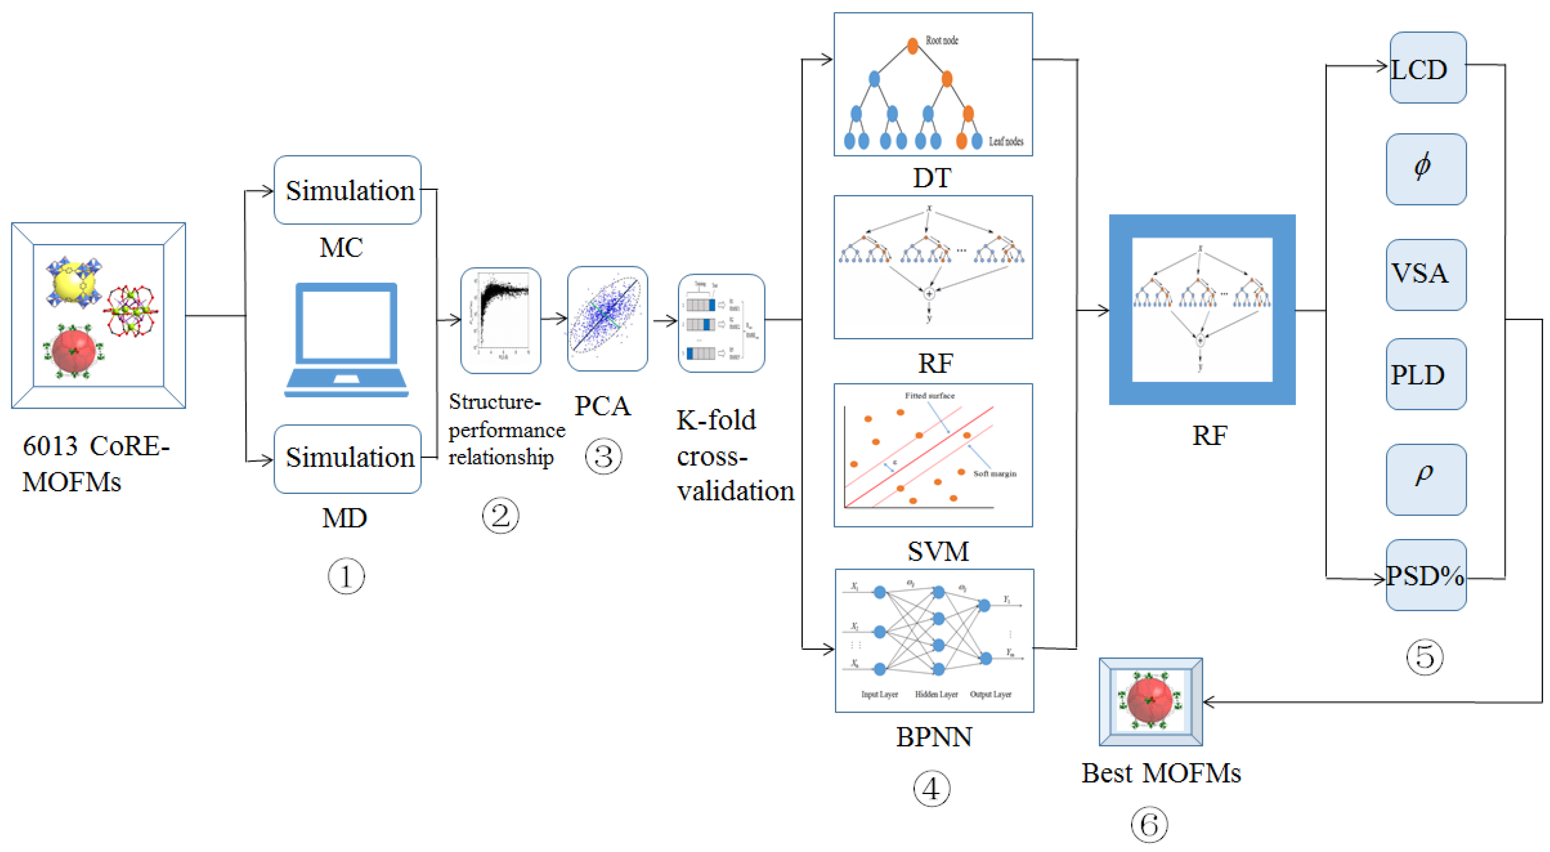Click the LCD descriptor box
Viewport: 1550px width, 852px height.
click(1427, 68)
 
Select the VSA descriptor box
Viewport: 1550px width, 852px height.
click(1426, 274)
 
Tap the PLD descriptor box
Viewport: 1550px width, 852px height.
click(1426, 374)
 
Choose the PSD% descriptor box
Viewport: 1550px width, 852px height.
click(1426, 575)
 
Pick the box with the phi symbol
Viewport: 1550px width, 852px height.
click(1426, 169)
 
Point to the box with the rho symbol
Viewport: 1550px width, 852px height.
click(1426, 479)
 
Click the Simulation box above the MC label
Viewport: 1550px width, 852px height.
click(347, 190)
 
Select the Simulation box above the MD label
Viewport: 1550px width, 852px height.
click(347, 459)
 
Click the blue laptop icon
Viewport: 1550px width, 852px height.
click(347, 339)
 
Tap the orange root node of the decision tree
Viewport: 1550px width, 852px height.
click(912, 46)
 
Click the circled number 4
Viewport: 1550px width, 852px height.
click(931, 789)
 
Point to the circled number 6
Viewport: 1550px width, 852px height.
click(1149, 824)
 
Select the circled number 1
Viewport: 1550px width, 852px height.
click(345, 576)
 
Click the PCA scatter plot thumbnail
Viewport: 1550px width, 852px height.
click(607, 319)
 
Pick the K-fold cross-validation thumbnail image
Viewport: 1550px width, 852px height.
click(721, 323)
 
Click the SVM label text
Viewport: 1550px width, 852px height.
click(938, 551)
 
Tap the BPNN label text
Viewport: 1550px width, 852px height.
click(933, 737)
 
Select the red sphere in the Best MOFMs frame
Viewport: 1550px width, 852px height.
click(1149, 700)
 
